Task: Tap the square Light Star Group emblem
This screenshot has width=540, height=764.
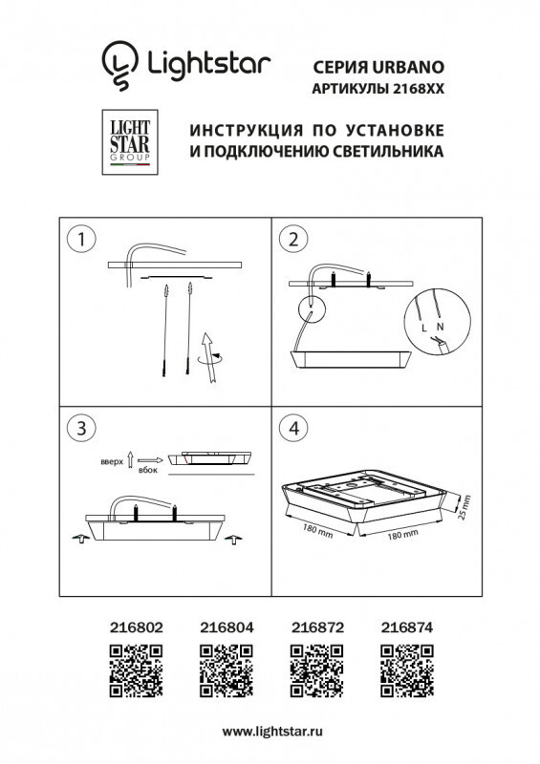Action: (127, 141)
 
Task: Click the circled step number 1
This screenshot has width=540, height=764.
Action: (83, 239)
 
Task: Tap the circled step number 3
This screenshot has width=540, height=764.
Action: (83, 425)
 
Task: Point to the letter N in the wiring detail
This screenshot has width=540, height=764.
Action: (440, 326)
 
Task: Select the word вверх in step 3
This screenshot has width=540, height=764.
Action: (112, 461)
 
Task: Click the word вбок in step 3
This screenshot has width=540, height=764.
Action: (147, 471)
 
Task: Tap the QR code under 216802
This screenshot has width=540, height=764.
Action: (132, 668)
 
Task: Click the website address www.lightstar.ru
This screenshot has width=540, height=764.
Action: (270, 731)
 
